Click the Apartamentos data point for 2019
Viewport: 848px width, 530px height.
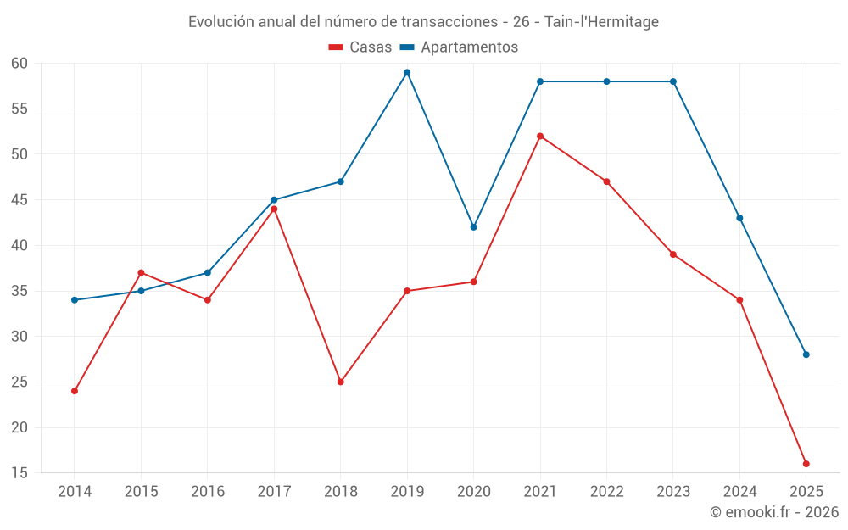pos(407,72)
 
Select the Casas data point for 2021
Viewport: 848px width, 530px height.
pos(540,136)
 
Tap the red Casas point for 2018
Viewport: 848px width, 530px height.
pos(340,382)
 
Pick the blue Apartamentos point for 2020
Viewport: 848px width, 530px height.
pos(473,227)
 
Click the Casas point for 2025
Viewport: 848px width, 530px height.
pos(806,464)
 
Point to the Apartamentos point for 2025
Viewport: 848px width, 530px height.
pos(806,354)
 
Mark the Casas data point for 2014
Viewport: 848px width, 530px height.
pos(75,391)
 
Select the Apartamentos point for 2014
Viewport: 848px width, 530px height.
pos(75,300)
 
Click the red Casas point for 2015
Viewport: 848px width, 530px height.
pos(141,272)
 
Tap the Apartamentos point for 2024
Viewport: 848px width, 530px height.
pos(739,218)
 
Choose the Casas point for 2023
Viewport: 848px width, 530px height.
pos(673,254)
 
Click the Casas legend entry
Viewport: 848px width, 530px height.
pos(360,47)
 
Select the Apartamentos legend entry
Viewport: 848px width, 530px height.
pos(459,47)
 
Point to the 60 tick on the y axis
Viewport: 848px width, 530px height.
pos(20,64)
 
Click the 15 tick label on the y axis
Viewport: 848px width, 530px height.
pos(20,473)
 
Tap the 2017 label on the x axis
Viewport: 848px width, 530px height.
pos(274,492)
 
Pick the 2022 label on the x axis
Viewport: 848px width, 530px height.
pos(606,492)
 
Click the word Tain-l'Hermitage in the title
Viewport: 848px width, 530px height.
pos(601,22)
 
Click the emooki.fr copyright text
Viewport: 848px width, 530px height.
pos(773,512)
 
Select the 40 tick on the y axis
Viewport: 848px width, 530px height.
pos(20,246)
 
